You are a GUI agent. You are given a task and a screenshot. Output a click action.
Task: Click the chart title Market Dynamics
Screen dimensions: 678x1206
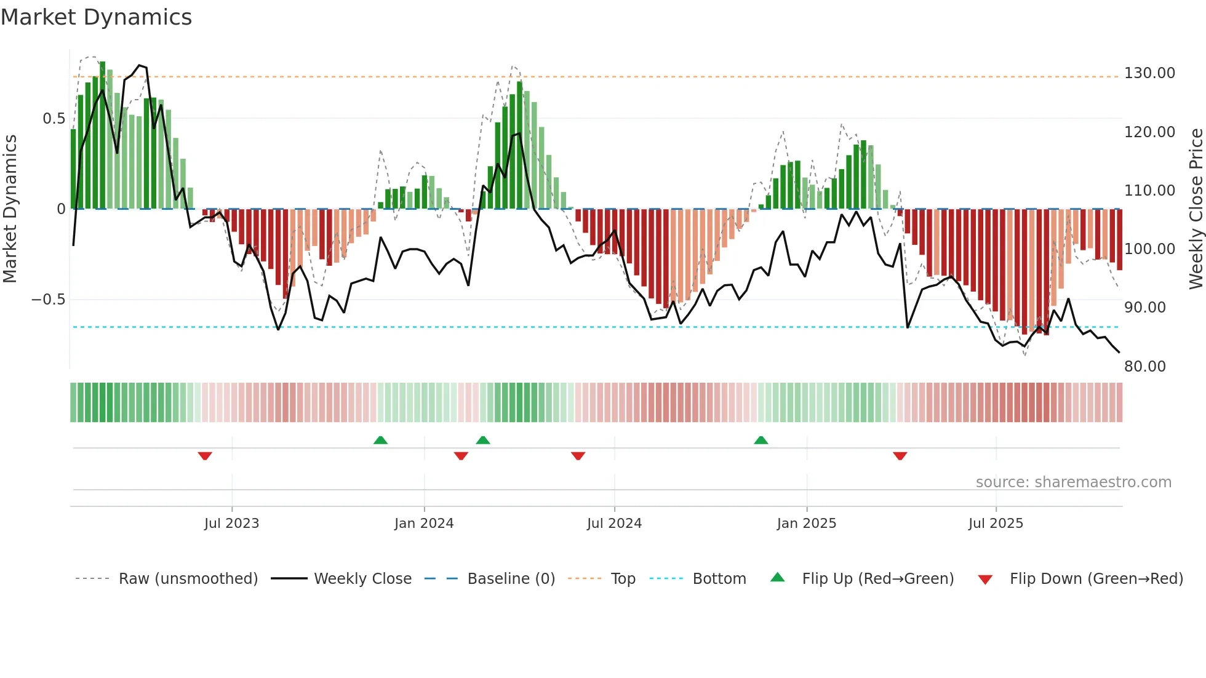pyautogui.click(x=96, y=17)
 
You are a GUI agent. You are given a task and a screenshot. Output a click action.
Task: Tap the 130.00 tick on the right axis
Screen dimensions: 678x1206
pyautogui.click(x=1149, y=73)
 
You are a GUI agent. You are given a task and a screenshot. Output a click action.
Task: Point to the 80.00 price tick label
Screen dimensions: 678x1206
pyautogui.click(x=1144, y=367)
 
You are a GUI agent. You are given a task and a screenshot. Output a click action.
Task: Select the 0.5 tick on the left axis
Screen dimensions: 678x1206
pyautogui.click(x=54, y=119)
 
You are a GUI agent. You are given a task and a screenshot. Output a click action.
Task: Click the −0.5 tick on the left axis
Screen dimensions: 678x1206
pyautogui.click(x=49, y=300)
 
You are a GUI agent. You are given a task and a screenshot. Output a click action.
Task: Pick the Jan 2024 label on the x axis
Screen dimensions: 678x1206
pyautogui.click(x=423, y=524)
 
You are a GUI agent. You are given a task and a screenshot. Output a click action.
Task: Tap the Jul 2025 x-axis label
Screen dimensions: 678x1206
pyautogui.click(x=995, y=524)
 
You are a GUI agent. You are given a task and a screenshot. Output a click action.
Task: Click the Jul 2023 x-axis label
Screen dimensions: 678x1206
pyautogui.click(x=231, y=524)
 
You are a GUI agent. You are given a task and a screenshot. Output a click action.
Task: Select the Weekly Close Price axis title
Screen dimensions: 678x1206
pyautogui.click(x=1196, y=209)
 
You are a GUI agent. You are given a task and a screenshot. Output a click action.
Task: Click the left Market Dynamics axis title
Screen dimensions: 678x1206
pyautogui.click(x=10, y=209)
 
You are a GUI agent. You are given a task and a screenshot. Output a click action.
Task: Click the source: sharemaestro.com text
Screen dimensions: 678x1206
pyautogui.click(x=1073, y=482)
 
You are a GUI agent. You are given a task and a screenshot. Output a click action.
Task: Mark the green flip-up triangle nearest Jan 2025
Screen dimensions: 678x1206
pyautogui.click(x=761, y=441)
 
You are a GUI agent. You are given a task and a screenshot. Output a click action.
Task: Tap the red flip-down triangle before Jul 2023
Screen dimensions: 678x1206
pyautogui.click(x=205, y=456)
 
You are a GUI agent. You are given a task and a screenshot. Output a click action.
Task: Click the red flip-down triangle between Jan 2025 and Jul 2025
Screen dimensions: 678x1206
pyautogui.click(x=900, y=456)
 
